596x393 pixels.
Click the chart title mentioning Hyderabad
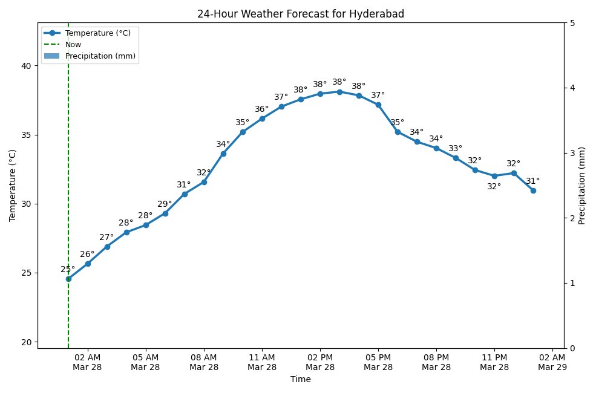300,14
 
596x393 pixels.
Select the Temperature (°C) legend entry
97,33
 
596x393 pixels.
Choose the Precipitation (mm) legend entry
100,56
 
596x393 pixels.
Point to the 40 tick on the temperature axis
27,65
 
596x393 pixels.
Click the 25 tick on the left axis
27,273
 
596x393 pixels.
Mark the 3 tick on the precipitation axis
571,153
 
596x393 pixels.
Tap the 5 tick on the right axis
571,23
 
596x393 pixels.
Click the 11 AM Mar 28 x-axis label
262,362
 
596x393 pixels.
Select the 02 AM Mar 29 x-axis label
552,362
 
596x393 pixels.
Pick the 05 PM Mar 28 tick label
378,362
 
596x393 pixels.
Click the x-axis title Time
300,380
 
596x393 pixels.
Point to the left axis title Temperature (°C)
13,185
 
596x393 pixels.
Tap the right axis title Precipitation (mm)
582,185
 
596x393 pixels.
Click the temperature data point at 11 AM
262,119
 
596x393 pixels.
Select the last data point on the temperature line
533,190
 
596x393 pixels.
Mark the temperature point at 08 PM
436,148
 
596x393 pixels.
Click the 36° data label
261,109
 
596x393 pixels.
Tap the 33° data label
455,149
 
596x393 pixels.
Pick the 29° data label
165,204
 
